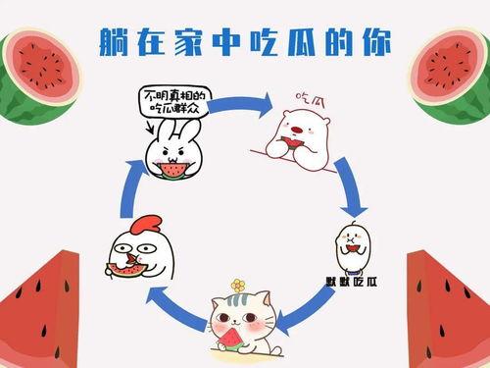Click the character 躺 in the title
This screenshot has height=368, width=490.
click(x=115, y=41)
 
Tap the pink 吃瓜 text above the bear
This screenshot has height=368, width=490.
click(x=311, y=99)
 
